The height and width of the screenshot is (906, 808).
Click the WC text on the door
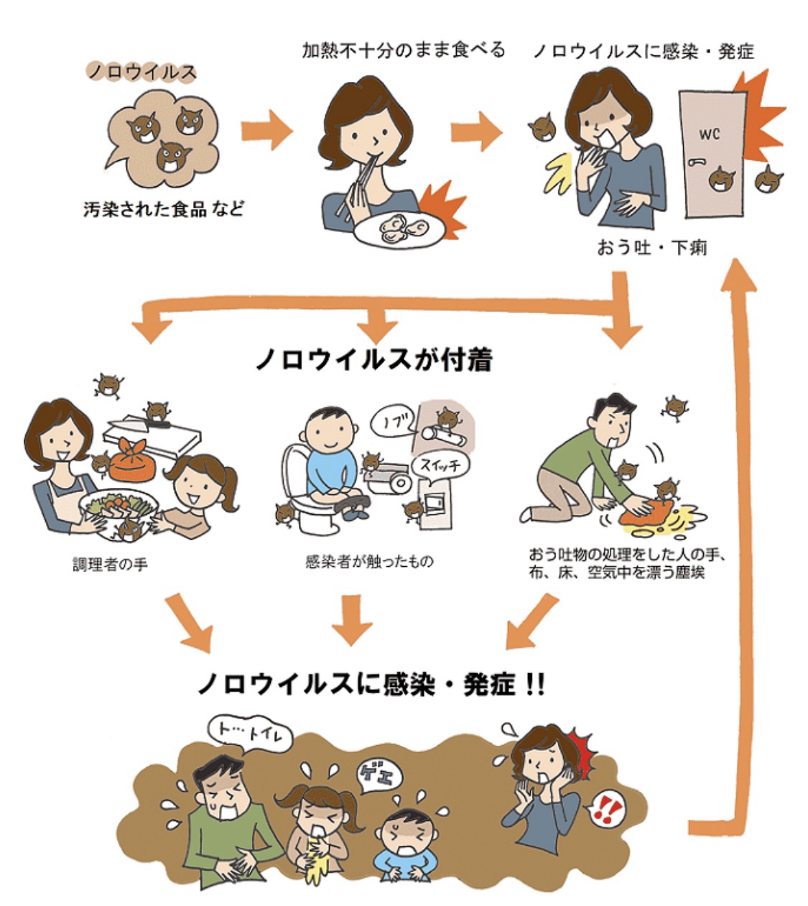point(708,134)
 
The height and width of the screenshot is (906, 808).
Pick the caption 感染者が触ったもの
point(369,561)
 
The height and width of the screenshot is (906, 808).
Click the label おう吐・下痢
point(652,247)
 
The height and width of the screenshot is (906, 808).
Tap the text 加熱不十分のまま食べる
point(404,50)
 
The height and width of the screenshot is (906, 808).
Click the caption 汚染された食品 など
point(162,210)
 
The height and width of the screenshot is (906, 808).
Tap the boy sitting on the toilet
point(328,460)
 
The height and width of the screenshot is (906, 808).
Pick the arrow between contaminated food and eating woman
point(266,131)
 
